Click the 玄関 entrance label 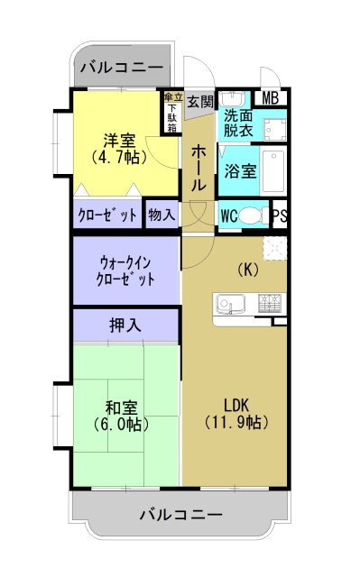200,103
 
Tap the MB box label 271,98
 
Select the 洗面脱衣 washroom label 239,122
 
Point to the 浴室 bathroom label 241,170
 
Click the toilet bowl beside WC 256,215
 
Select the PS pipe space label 280,215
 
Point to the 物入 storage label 162,215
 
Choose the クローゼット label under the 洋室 107,215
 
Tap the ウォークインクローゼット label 125,270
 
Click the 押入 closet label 125,325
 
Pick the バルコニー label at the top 121,68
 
